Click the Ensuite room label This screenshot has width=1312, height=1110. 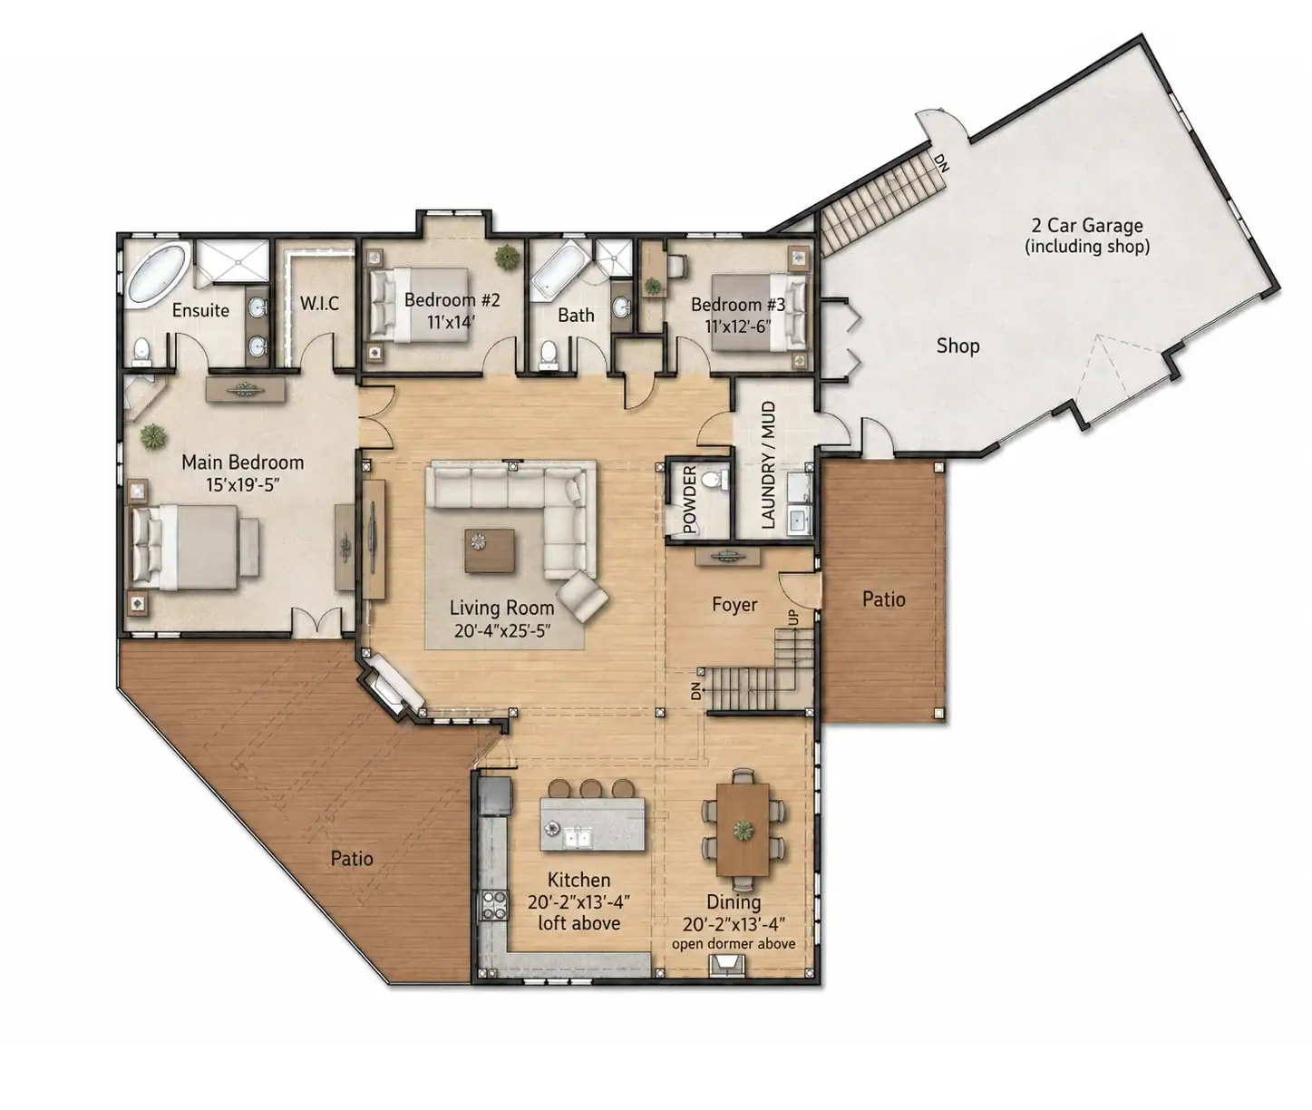200,310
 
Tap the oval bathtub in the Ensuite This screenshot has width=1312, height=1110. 157,274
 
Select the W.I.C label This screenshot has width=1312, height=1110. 319,304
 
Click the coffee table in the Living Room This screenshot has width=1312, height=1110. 490,550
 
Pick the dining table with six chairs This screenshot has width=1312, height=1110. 743,829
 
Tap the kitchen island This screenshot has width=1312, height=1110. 593,823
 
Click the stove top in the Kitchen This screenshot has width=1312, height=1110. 495,906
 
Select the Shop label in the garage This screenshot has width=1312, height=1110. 957,346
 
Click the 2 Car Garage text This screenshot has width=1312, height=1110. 1086,226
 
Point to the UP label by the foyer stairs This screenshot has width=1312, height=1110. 793,618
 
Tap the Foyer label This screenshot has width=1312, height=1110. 734,605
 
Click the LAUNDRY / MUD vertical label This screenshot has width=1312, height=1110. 768,465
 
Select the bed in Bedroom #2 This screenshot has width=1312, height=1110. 419,305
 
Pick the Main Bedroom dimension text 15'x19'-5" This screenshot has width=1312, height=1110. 242,485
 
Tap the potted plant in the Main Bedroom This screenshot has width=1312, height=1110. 153,437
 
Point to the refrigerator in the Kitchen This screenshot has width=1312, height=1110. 495,795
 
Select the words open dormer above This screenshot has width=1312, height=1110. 734,944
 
